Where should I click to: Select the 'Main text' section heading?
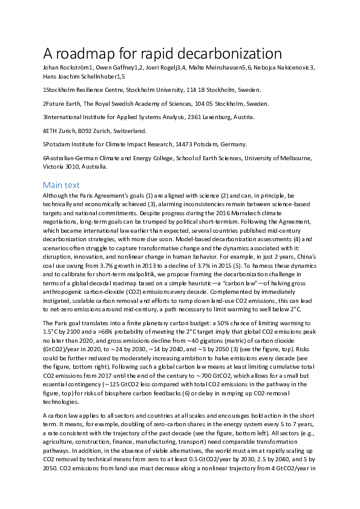pyautogui.click(x=61, y=184)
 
